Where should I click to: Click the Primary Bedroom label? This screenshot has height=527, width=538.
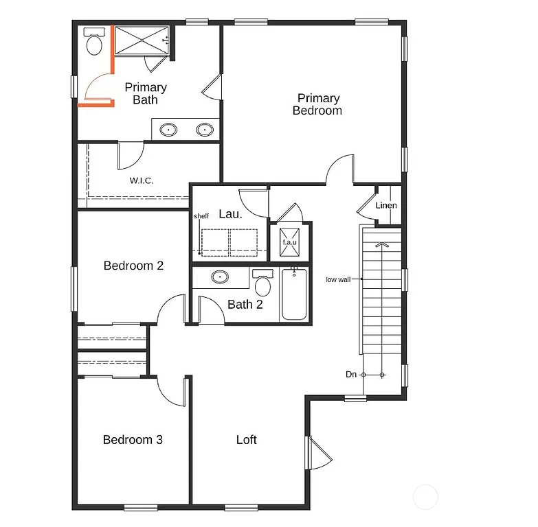click(x=317, y=104)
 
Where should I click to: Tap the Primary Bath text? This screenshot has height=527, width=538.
click(x=145, y=93)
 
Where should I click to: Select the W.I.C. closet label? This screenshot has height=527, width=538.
click(x=142, y=180)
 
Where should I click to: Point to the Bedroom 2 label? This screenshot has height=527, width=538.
click(x=133, y=266)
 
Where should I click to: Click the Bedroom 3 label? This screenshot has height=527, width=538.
click(x=133, y=440)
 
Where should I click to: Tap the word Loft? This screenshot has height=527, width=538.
click(x=246, y=440)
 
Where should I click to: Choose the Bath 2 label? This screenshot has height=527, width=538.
click(x=245, y=305)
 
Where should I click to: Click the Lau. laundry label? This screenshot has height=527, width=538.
click(x=230, y=214)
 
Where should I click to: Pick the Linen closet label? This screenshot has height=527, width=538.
click(x=385, y=205)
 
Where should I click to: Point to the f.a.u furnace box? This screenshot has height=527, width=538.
click(x=289, y=242)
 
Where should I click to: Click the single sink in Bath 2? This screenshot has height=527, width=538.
click(x=220, y=277)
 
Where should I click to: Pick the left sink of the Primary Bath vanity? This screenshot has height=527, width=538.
click(x=168, y=129)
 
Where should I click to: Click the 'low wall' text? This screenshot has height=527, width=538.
click(x=339, y=279)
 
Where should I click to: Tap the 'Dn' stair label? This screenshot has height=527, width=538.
click(x=351, y=375)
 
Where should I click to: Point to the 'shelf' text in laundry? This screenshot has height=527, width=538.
click(x=201, y=215)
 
